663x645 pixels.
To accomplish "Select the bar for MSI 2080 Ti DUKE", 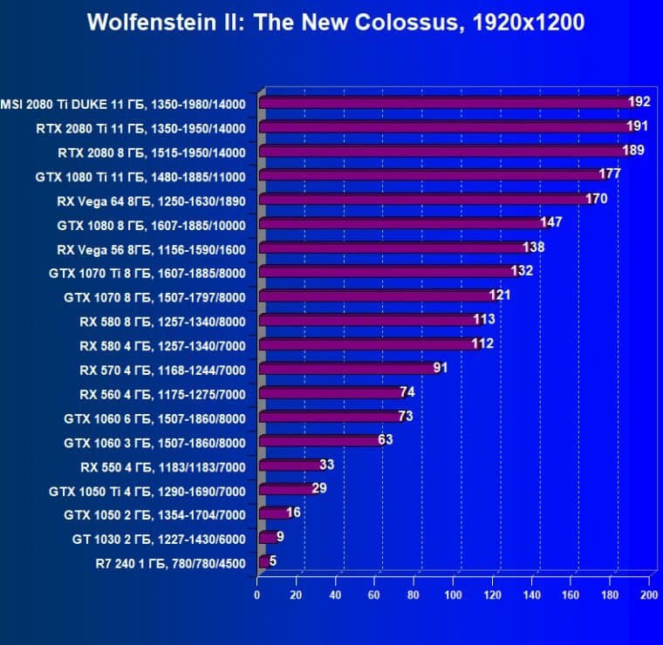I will pos(445,102).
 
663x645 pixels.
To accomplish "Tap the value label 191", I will pos(638,126).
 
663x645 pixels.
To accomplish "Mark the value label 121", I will pos(499,295).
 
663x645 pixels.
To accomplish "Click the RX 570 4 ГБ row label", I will pos(162,370).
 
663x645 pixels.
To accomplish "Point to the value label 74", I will pos(407,392).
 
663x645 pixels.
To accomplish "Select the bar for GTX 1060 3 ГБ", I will pos(318,440).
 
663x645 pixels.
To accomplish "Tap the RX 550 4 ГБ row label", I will pos(162,467).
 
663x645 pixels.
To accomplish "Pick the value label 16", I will pos(293,513).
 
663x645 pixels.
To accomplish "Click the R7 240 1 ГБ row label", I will pos(170,563).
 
